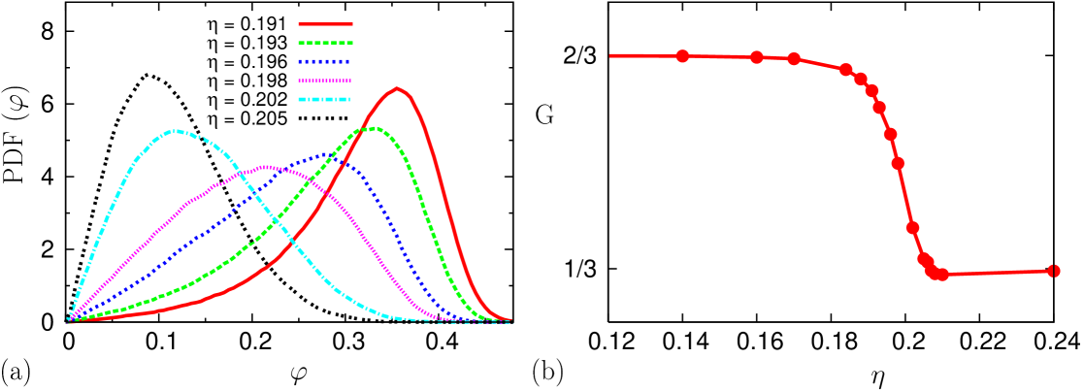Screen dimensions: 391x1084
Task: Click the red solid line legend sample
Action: (x=325, y=23)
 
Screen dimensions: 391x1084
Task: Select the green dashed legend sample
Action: (x=325, y=43)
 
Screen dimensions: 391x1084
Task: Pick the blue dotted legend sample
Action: (x=325, y=61)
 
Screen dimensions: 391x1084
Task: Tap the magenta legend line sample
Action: (x=325, y=81)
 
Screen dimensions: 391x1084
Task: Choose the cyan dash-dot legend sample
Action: (x=325, y=99)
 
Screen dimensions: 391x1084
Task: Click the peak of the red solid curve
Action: (x=397, y=88)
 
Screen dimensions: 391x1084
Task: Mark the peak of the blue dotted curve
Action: (x=330, y=153)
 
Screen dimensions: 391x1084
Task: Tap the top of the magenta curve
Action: (x=267, y=167)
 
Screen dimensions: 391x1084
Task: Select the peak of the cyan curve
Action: (x=176, y=130)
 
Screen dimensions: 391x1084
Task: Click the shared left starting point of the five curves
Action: (x=69, y=320)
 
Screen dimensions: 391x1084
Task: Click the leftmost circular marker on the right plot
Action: (x=682, y=56)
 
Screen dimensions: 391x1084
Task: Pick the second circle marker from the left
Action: (x=757, y=57)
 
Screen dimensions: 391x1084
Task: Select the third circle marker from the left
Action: (x=794, y=59)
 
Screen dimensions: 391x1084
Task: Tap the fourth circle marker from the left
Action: (x=845, y=70)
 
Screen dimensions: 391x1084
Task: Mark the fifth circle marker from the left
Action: (x=860, y=79)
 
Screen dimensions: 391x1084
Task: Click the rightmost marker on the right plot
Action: (x=1054, y=271)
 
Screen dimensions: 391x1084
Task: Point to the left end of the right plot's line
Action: (x=610, y=55)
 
